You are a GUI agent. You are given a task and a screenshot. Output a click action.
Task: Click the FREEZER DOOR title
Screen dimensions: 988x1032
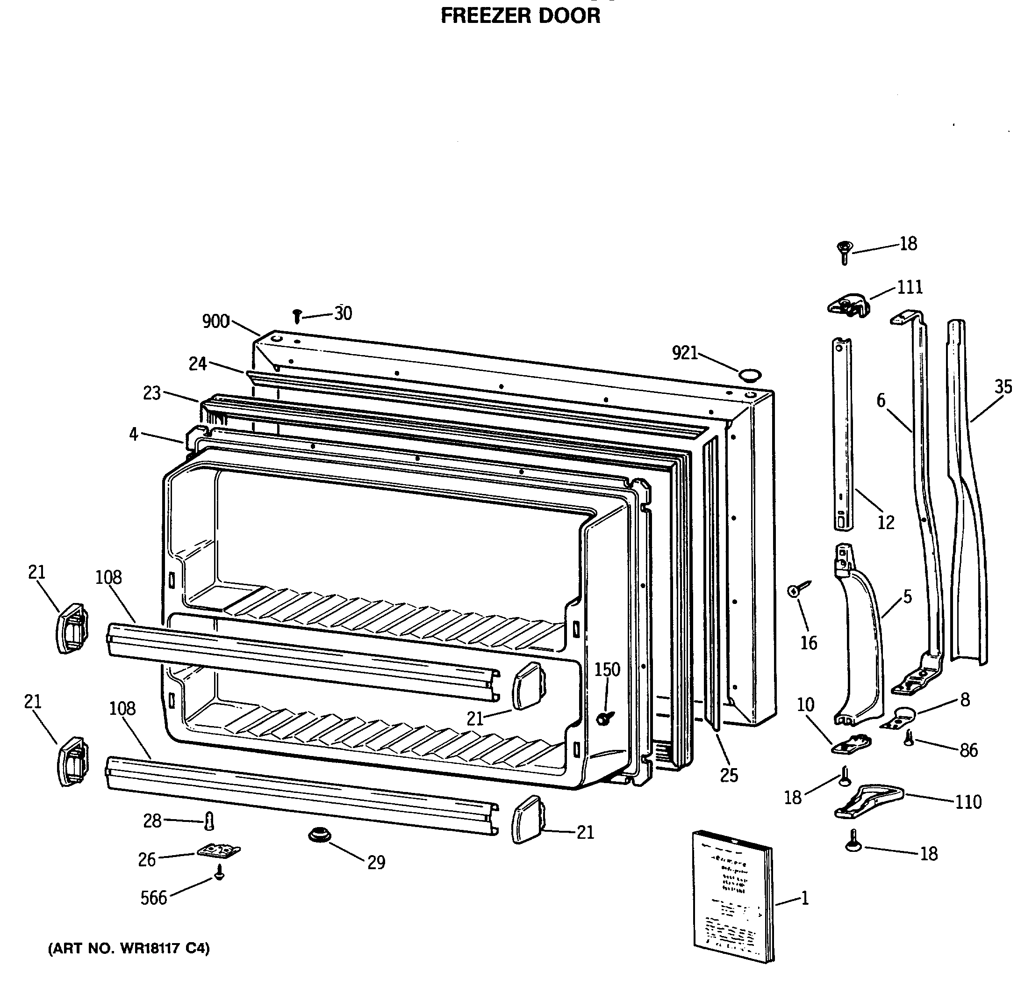point(519,16)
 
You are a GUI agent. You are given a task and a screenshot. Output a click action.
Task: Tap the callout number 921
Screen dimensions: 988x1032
point(685,353)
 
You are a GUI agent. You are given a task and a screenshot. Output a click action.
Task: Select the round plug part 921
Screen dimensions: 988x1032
point(749,376)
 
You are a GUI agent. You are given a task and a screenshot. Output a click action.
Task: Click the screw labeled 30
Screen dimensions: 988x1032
point(297,315)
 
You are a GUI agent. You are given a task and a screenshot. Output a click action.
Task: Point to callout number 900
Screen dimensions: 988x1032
point(216,321)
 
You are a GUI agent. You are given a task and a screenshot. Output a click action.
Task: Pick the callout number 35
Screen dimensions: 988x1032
point(1003,387)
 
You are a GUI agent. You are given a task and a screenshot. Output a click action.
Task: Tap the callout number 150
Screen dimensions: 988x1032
point(607,669)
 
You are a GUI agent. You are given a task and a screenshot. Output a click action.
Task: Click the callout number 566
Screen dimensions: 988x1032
point(153,897)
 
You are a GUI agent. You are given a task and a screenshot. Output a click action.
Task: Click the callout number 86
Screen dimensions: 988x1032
point(968,750)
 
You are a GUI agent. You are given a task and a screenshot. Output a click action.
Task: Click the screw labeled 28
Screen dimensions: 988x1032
point(209,821)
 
